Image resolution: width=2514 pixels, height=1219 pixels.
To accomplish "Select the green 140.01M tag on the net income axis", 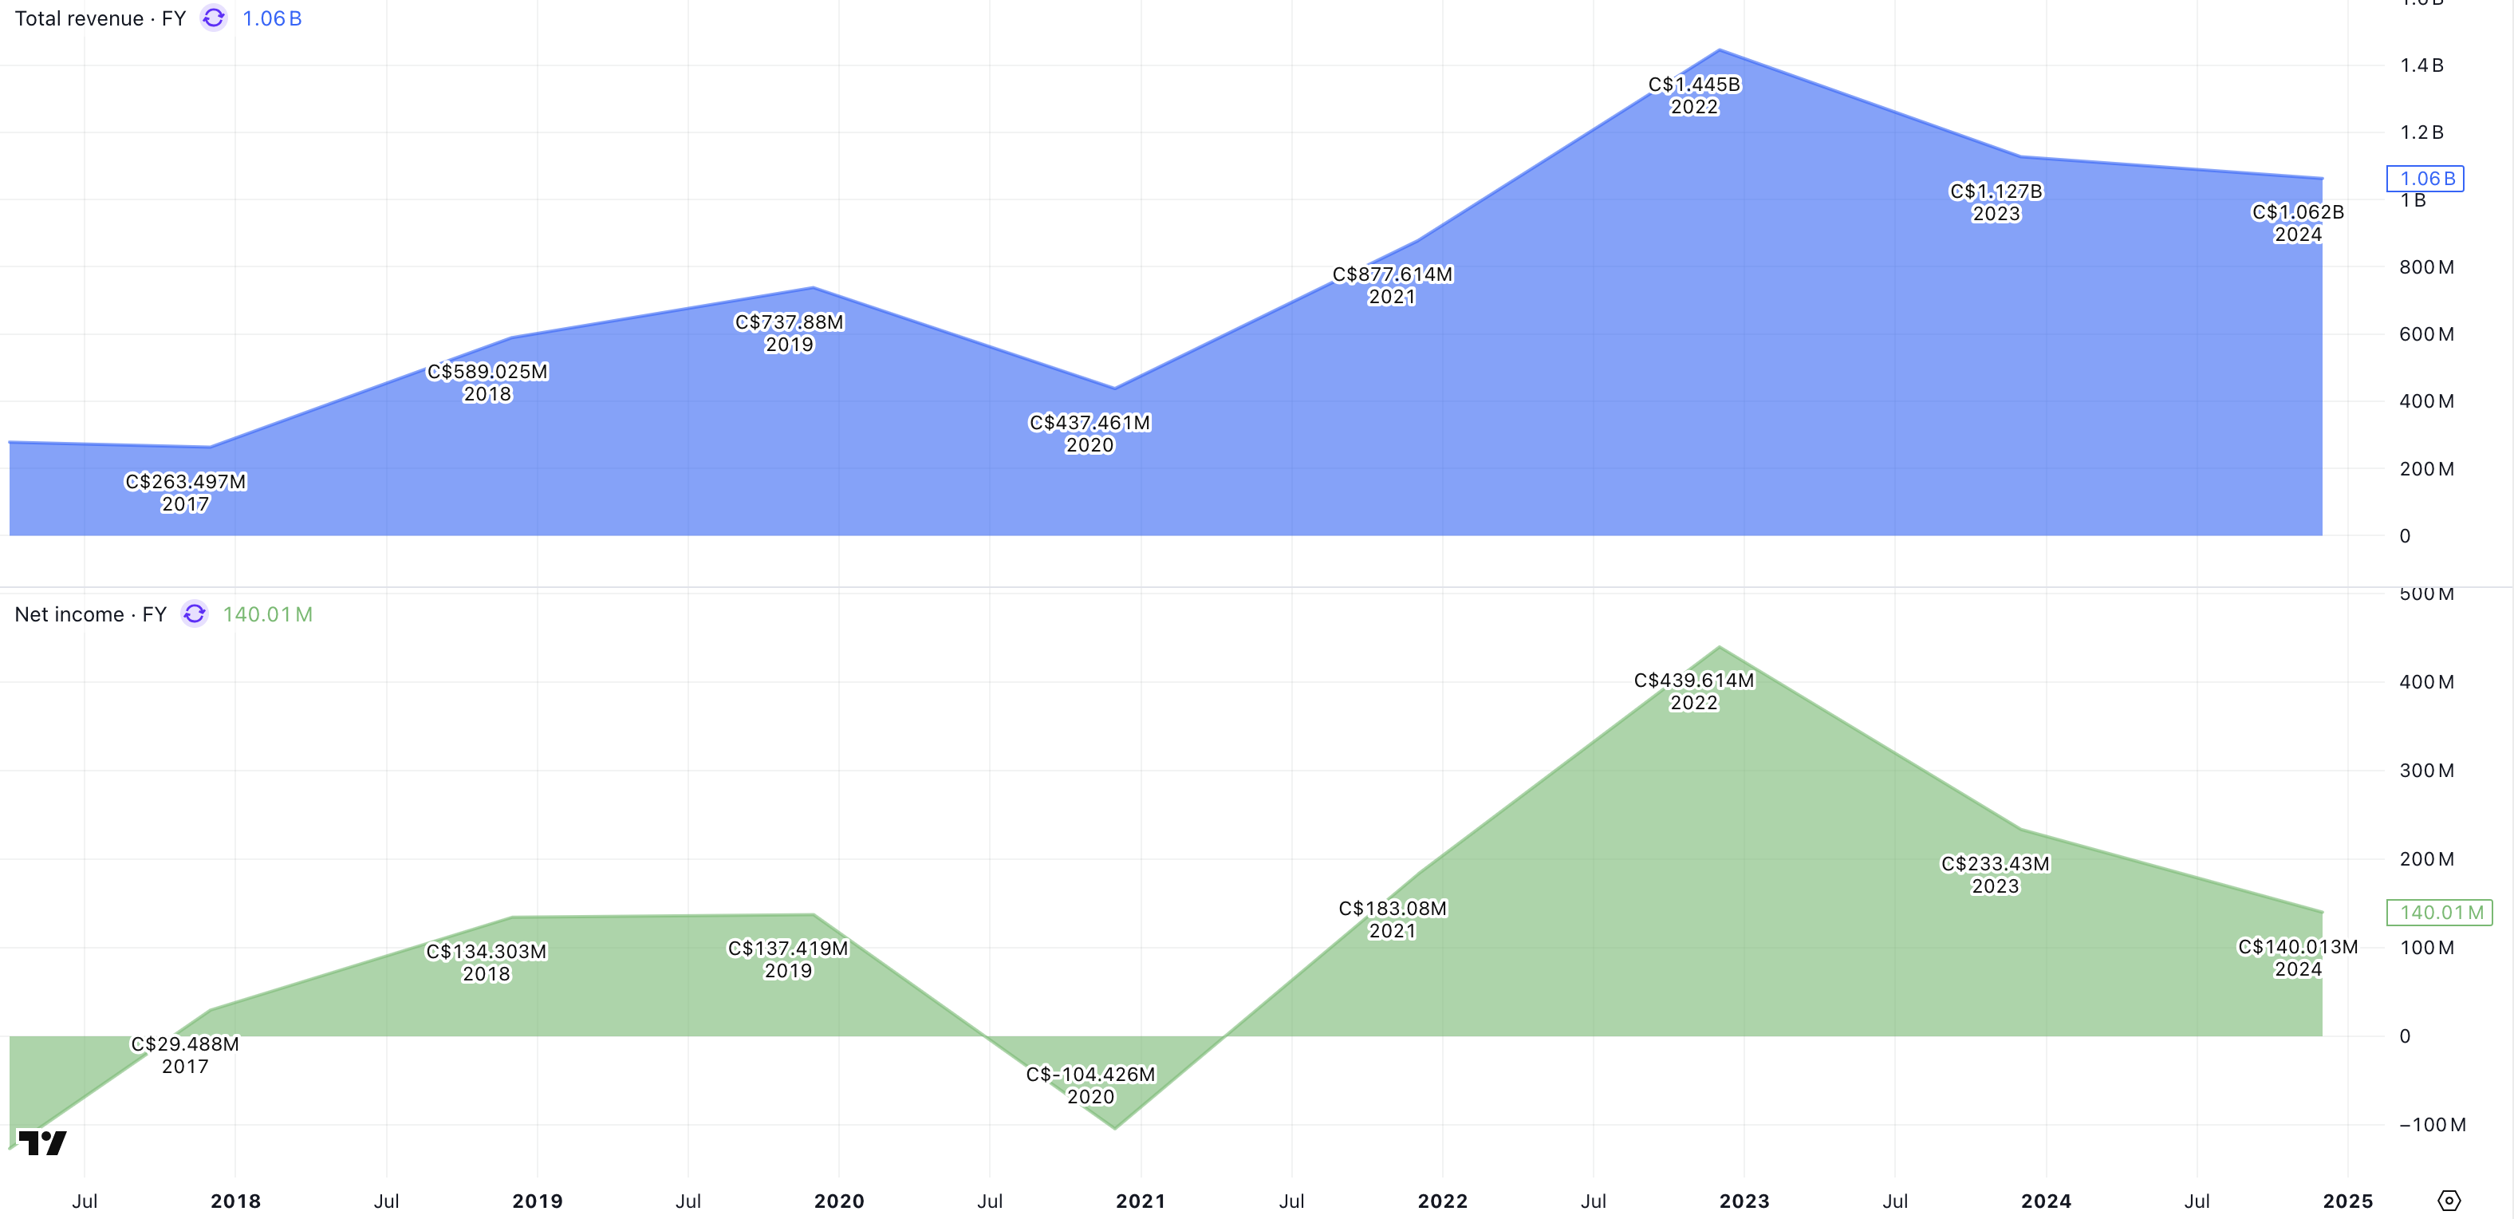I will coord(2439,913).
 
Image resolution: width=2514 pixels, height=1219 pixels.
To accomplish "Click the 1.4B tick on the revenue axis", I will coord(2421,65).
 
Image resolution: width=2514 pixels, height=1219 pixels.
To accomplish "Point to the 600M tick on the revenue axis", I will coord(2425,333).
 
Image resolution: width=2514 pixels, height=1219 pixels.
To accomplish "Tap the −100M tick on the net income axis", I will coord(2431,1124).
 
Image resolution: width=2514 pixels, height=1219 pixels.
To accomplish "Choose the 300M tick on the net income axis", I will coord(2425,770).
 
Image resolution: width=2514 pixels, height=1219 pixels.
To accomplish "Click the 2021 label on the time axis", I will coord(1140,1201).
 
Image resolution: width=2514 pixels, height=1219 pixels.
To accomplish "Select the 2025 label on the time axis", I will coord(2347,1201).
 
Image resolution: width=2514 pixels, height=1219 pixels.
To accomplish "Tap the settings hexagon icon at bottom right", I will coord(2449,1201).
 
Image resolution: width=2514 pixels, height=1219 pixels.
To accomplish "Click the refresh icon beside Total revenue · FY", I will coord(214,18).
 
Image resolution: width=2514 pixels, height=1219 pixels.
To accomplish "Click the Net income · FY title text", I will coord(90,614).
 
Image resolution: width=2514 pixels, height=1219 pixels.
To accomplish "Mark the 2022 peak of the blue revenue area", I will coord(1720,49).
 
